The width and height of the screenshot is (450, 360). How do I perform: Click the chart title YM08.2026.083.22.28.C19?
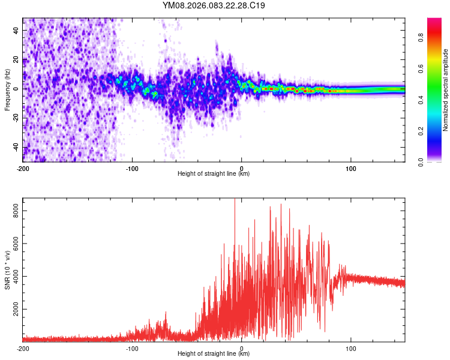pyautogui.click(x=214, y=5)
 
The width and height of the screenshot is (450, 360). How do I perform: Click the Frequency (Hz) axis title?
pyautogui.click(x=8, y=89)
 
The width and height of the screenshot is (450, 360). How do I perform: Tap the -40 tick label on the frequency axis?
pyautogui.click(x=16, y=148)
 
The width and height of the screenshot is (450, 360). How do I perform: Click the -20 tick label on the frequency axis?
pyautogui.click(x=16, y=118)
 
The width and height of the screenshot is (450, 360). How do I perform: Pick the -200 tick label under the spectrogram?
pyautogui.click(x=23, y=168)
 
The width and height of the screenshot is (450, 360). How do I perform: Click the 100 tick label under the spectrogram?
pyautogui.click(x=351, y=168)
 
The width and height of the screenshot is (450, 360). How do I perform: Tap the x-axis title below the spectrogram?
pyautogui.click(x=214, y=174)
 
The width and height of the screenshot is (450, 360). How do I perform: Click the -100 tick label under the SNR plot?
pyautogui.click(x=132, y=348)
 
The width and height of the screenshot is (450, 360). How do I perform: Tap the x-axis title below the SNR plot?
pyautogui.click(x=214, y=354)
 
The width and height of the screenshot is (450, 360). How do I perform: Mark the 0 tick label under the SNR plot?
pyautogui.click(x=242, y=348)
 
